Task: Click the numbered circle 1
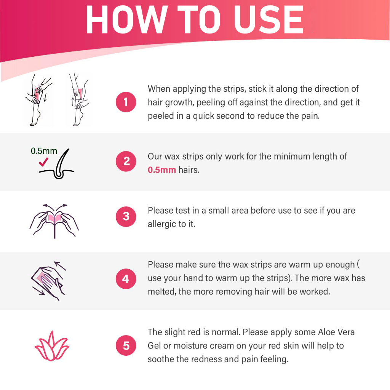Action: [x=126, y=102]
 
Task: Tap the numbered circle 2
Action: [x=126, y=161]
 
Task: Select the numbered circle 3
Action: [x=126, y=216]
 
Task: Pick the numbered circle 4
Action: [x=126, y=278]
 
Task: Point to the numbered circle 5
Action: [x=126, y=345]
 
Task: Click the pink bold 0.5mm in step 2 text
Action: [x=161, y=170]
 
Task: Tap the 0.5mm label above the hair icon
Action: [x=44, y=151]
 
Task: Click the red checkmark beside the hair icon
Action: [x=43, y=162]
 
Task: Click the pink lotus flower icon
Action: [x=52, y=346]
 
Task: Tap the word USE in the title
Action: [x=269, y=19]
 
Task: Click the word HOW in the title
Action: [x=126, y=19]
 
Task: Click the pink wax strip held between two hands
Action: [x=55, y=219]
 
